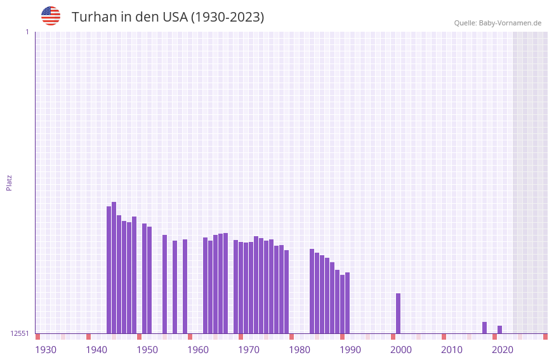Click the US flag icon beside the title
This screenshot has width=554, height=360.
pos(51,16)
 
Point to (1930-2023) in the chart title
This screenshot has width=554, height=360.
pos(227,17)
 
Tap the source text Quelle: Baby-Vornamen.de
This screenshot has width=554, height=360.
pos(498,23)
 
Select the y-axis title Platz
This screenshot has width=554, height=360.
pos(9,182)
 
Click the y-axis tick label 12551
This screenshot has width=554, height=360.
pos(19,333)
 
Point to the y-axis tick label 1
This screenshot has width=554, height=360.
pos(27,32)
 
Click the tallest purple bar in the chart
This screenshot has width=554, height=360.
pos(114,267)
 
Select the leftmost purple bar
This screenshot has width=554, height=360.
pos(109,270)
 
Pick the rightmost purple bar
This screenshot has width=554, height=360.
pos(500,330)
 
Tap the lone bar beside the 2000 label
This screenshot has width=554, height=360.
pos(399,313)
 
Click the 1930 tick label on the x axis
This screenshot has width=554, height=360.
pos(46,350)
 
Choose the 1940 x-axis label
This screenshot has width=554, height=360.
pos(96,350)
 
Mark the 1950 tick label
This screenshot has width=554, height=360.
pos(147,350)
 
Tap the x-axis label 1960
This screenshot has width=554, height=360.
pos(198,350)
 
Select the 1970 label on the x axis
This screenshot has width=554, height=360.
pos(249,350)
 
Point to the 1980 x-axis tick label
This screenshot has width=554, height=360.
pos(300,350)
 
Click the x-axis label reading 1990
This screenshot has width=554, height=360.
pos(350,350)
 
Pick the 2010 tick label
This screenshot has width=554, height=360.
pos(452,350)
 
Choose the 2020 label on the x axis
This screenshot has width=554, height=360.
pos(503,350)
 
